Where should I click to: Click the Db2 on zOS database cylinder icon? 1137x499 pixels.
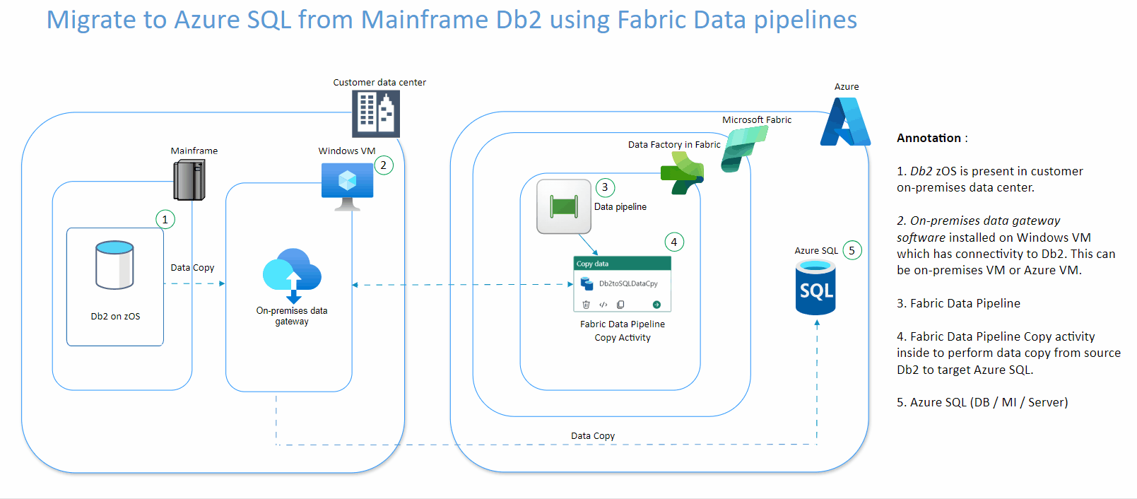coord(114,265)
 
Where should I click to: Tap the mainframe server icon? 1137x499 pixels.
coord(189,180)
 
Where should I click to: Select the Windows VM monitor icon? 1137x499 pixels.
coord(347,185)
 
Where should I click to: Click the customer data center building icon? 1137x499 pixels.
coord(376,114)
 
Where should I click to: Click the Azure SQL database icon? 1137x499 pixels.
coord(815,288)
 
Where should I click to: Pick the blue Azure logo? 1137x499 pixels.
coord(845,122)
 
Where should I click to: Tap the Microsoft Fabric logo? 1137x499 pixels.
coord(743,149)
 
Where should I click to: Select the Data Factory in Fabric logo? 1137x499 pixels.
coord(682,173)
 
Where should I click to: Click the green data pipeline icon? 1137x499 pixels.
coord(563,206)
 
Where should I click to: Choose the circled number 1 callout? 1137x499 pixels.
coord(165,220)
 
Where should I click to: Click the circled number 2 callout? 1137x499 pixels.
coord(384,165)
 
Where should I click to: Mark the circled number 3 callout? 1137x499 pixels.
coord(605,187)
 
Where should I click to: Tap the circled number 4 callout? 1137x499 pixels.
coord(674,242)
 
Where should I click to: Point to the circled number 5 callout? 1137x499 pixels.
coord(852,250)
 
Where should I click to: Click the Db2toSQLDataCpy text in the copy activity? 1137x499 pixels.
coord(628,283)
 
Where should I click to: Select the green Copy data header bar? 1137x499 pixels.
coord(622,264)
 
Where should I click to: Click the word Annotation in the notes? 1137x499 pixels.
coord(929,138)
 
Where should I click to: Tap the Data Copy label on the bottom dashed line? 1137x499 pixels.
coord(593,436)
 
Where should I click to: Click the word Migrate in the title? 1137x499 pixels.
coord(92,20)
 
